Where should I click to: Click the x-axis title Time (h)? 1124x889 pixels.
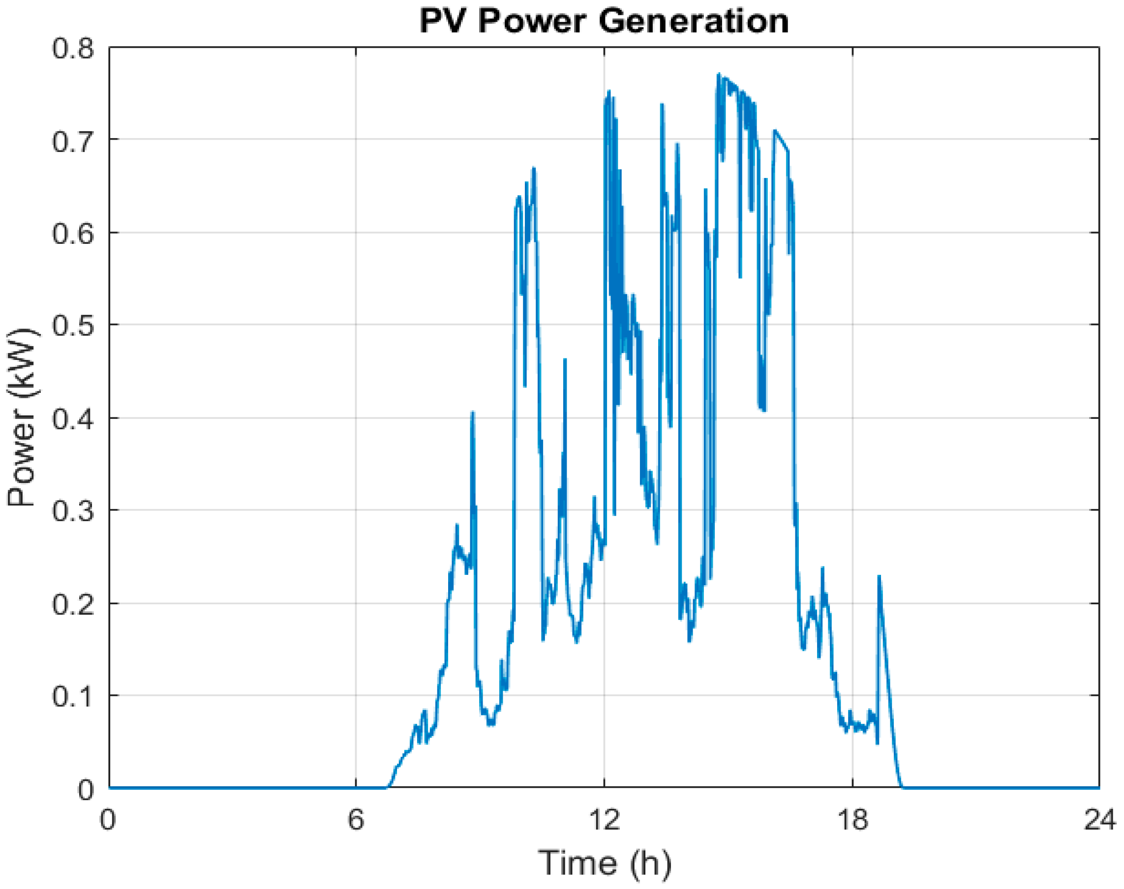pos(604,863)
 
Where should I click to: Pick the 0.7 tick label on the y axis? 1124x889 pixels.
pos(73,141)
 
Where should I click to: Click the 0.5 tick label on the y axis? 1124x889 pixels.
pos(73,326)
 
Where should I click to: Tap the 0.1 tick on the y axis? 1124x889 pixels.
pos(73,696)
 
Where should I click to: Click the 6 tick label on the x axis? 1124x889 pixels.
pos(356,820)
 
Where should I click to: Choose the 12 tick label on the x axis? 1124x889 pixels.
pos(605,820)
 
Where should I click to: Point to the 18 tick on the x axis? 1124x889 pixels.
pos(852,820)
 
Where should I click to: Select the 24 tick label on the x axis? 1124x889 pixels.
pos(1099,820)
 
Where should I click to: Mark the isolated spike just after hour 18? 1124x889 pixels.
pos(880,577)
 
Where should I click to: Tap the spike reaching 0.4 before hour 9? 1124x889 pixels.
pos(472,413)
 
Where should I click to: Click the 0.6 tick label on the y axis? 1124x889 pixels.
pos(73,234)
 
